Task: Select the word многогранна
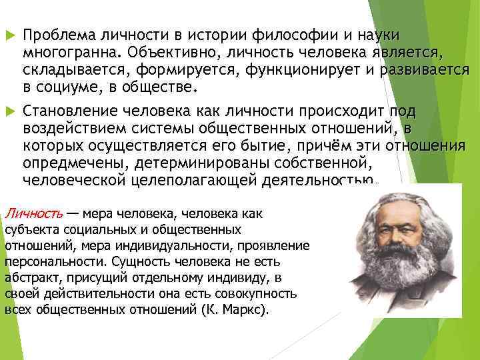(69, 52)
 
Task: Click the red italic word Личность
(34, 214)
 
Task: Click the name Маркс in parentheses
(241, 310)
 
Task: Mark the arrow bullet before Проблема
(9, 35)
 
